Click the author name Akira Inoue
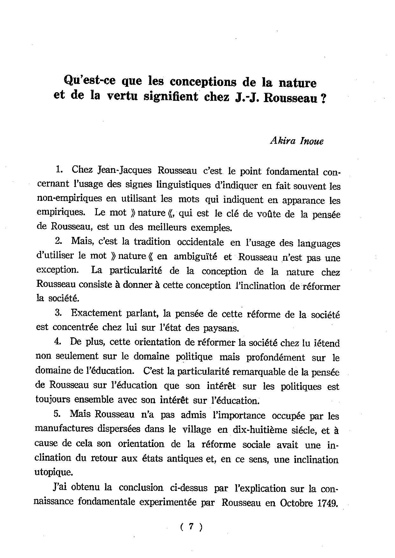(296, 141)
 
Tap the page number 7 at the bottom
(191, 527)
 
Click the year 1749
(327, 503)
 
